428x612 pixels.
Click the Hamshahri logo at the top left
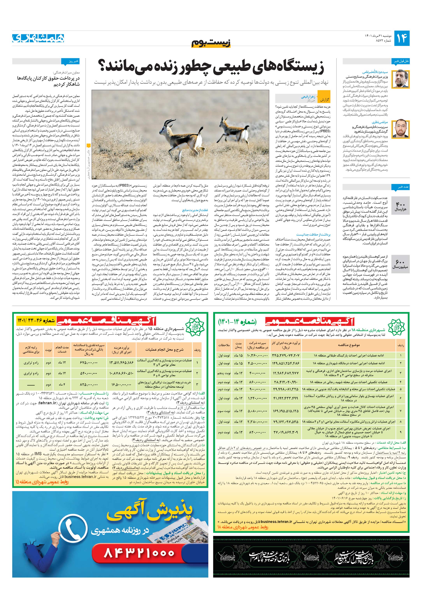[x=38, y=38]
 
